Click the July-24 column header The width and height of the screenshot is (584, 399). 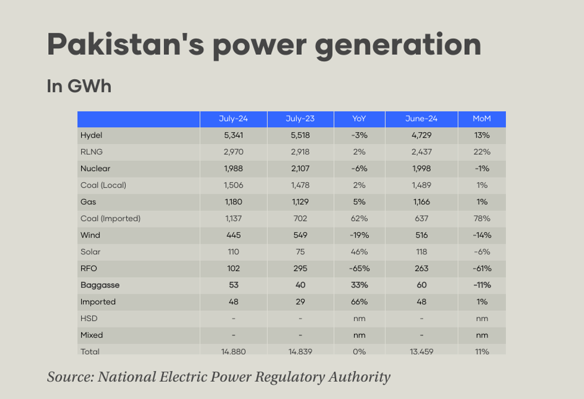[233, 119]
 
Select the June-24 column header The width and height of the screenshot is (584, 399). [421, 119]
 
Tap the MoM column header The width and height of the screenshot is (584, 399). [482, 119]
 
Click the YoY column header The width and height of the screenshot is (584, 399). [359, 119]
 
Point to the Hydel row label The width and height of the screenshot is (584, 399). [91, 136]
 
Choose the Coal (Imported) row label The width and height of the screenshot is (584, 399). [110, 219]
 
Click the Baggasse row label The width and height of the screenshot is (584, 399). [100, 285]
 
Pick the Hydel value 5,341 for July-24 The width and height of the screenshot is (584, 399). [233, 136]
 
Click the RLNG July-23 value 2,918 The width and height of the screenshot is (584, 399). [300, 152]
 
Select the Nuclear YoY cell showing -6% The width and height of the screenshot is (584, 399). [359, 169]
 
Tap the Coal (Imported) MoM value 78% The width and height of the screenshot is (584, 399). [482, 219]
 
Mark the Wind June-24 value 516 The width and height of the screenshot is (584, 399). [421, 235]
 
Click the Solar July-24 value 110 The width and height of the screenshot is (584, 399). [233, 252]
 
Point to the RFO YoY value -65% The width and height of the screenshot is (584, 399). [359, 269]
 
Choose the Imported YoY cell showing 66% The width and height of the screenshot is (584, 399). [359, 302]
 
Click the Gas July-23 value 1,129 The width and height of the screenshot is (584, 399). [300, 202]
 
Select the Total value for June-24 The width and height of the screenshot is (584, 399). [421, 351]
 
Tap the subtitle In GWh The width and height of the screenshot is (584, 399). [79, 86]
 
